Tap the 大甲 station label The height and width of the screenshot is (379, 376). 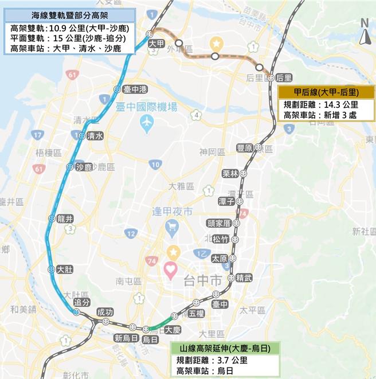pyautogui.click(x=156, y=44)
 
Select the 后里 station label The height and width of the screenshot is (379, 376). pyautogui.click(x=284, y=77)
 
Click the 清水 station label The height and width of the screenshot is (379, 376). pyautogui.click(x=95, y=136)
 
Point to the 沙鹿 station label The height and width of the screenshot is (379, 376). pyautogui.click(x=84, y=167)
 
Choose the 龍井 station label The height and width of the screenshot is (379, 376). pyautogui.click(x=65, y=218)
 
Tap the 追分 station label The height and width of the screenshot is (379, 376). pyautogui.click(x=83, y=302)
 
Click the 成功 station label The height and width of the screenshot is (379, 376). pyautogui.click(x=105, y=312)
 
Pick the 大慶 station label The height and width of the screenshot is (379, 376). pyautogui.click(x=172, y=330)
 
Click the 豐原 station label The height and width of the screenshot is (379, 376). pyautogui.click(x=245, y=148)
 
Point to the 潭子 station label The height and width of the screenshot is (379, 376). pyautogui.click(x=226, y=201)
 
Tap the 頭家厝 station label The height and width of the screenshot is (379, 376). pyautogui.click(x=219, y=223)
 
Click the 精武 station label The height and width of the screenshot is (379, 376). pyautogui.click(x=244, y=278)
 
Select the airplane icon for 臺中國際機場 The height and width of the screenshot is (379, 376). pyautogui.click(x=147, y=123)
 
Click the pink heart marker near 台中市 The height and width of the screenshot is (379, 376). pyautogui.click(x=171, y=268)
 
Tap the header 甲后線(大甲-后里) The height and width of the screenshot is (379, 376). pyautogui.click(x=326, y=92)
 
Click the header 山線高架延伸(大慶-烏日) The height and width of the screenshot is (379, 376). pyautogui.click(x=225, y=348)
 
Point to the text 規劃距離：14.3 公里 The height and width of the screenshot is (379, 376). pyautogui.click(x=321, y=105)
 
